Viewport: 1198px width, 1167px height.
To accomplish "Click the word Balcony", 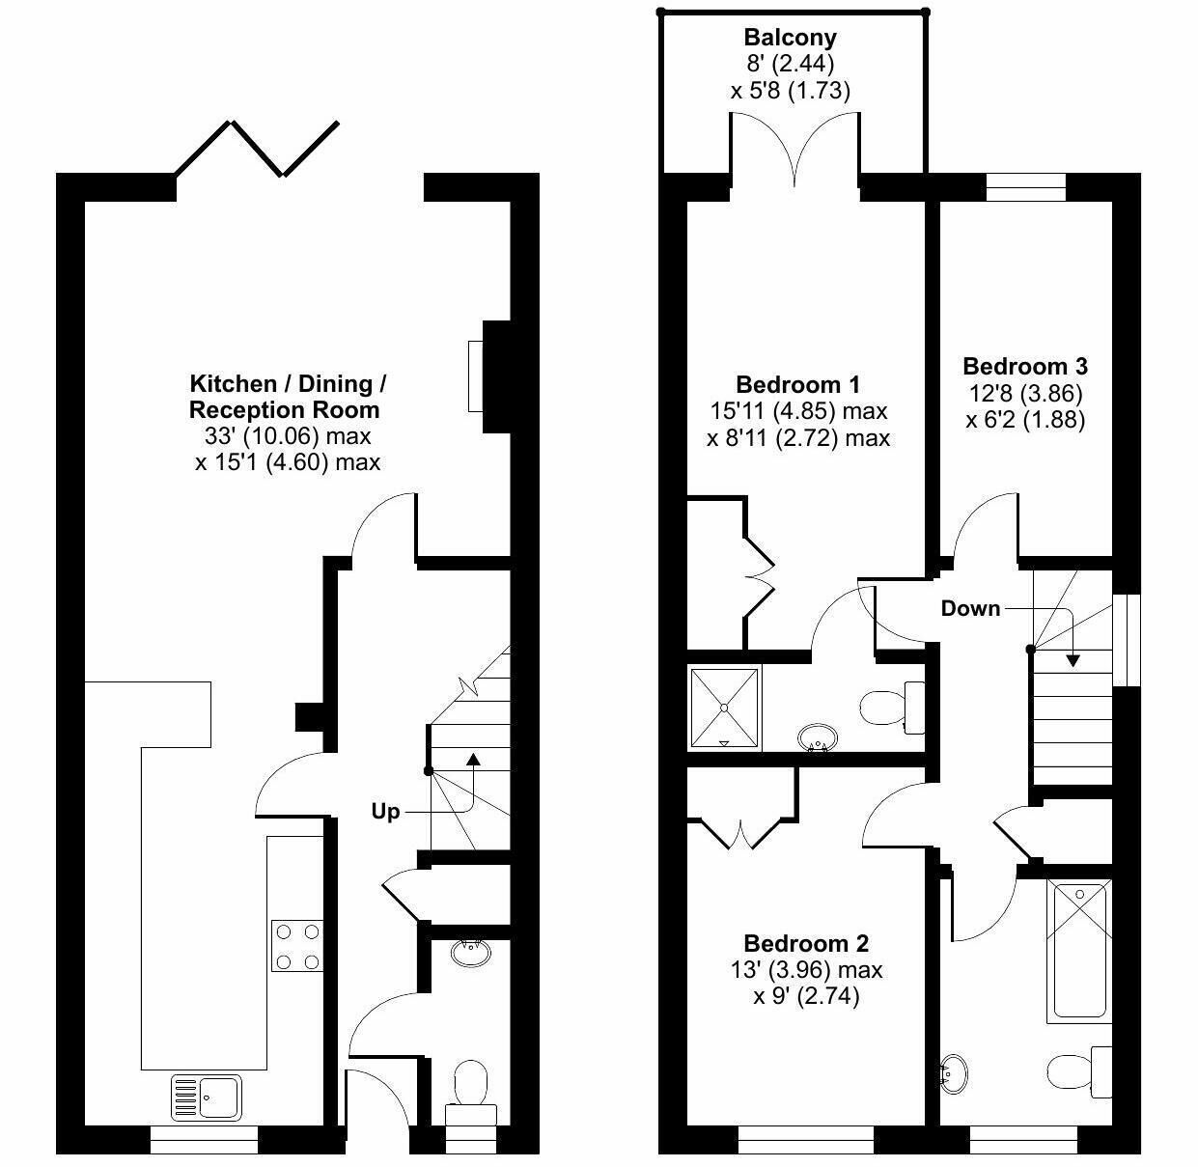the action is click(x=790, y=38).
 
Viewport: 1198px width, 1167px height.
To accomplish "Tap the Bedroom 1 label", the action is click(x=797, y=385).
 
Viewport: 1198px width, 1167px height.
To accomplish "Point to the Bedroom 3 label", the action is click(x=1025, y=366).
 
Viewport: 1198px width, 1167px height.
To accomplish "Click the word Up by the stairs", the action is click(x=385, y=812).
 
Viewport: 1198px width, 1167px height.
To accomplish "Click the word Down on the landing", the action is click(x=970, y=609).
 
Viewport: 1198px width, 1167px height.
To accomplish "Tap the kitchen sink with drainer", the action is click(x=207, y=1097).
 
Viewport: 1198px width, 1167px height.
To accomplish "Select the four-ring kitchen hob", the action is click(x=297, y=946).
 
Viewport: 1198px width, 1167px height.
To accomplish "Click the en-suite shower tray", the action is click(x=725, y=709).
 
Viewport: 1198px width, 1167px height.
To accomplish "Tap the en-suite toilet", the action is click(x=891, y=708).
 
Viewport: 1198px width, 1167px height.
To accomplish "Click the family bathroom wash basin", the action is click(x=954, y=1074).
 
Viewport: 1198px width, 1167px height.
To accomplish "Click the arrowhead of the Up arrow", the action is click(x=473, y=759).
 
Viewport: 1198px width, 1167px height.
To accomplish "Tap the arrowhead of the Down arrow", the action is click(x=1073, y=661).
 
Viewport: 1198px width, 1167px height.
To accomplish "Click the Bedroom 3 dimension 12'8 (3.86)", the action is click(x=1025, y=393).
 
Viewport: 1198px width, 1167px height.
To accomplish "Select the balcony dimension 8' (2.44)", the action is click(x=791, y=64).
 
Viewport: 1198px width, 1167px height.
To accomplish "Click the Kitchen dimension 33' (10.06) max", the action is click(x=288, y=436).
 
